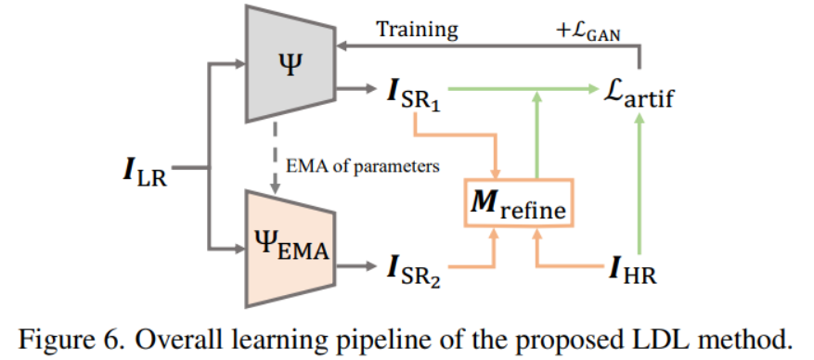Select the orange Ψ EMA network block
coord(290,245)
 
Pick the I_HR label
coord(633,271)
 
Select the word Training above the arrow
coord(417,29)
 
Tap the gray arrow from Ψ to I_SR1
coord(357,88)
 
